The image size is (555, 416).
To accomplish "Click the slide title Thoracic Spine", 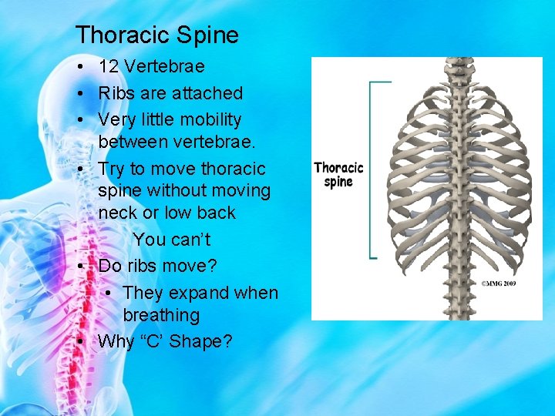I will tap(157, 35).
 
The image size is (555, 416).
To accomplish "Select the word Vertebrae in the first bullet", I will tap(163, 66).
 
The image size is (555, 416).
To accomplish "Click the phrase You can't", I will tap(171, 240).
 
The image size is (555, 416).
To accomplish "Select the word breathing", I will tap(161, 315).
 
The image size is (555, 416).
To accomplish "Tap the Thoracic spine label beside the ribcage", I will tap(338, 174).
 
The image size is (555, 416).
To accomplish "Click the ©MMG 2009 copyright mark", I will tap(498, 283).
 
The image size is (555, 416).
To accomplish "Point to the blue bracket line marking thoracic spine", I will tap(372, 169).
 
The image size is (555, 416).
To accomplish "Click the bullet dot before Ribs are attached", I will tap(81, 94).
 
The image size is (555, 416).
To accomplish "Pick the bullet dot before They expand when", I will tap(109, 294).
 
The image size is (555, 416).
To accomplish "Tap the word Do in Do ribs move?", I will tap(110, 266).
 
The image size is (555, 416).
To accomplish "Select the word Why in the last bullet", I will tap(116, 341).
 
